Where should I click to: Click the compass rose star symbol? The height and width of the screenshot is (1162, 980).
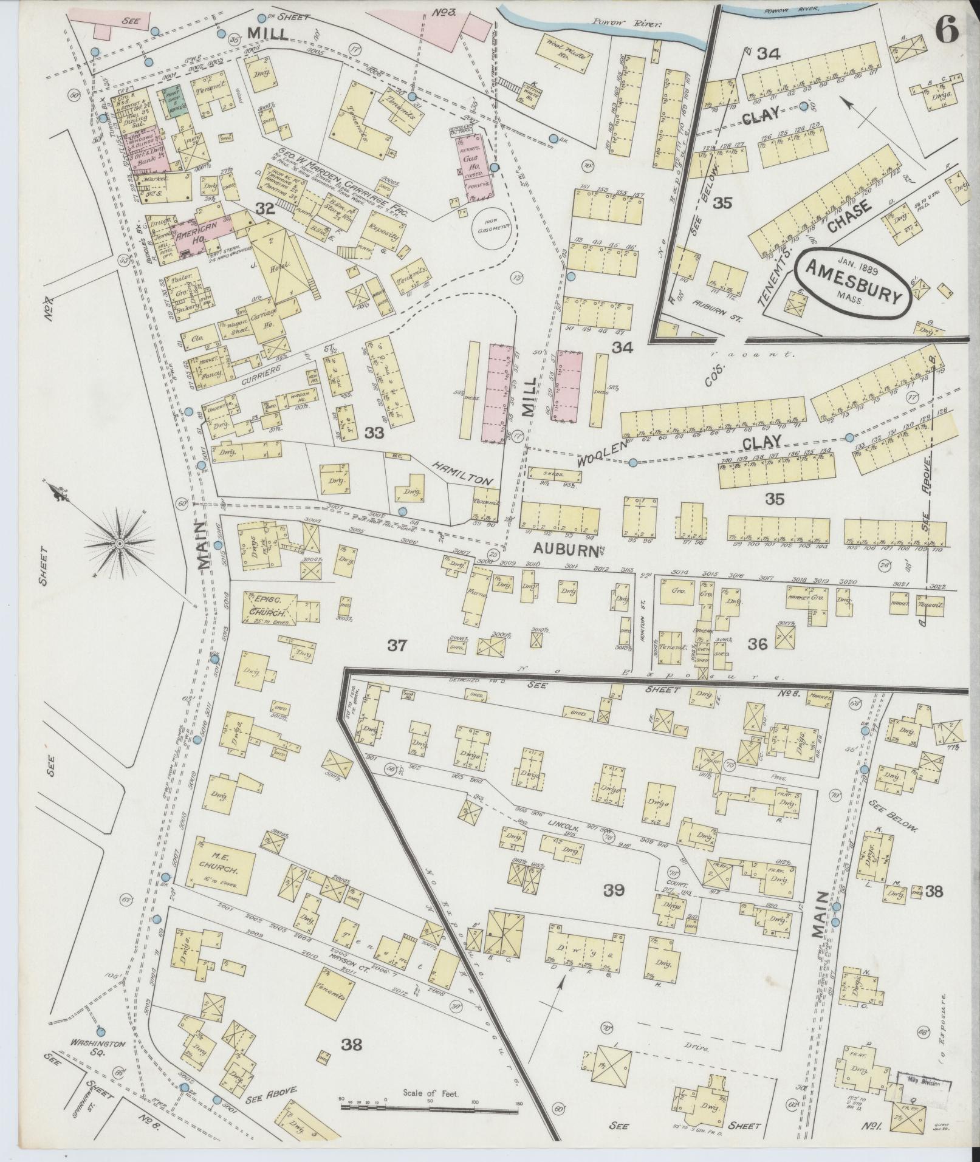[120, 542]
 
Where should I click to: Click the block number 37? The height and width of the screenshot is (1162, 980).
[397, 646]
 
